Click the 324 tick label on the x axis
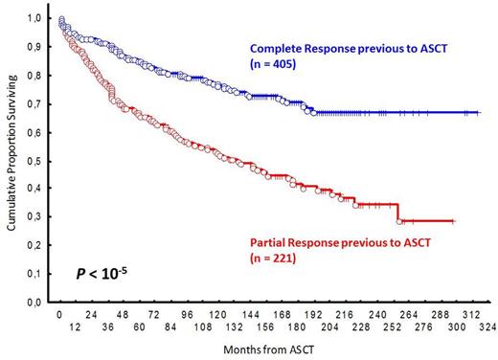487,326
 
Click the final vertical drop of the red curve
398,212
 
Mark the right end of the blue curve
479,113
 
